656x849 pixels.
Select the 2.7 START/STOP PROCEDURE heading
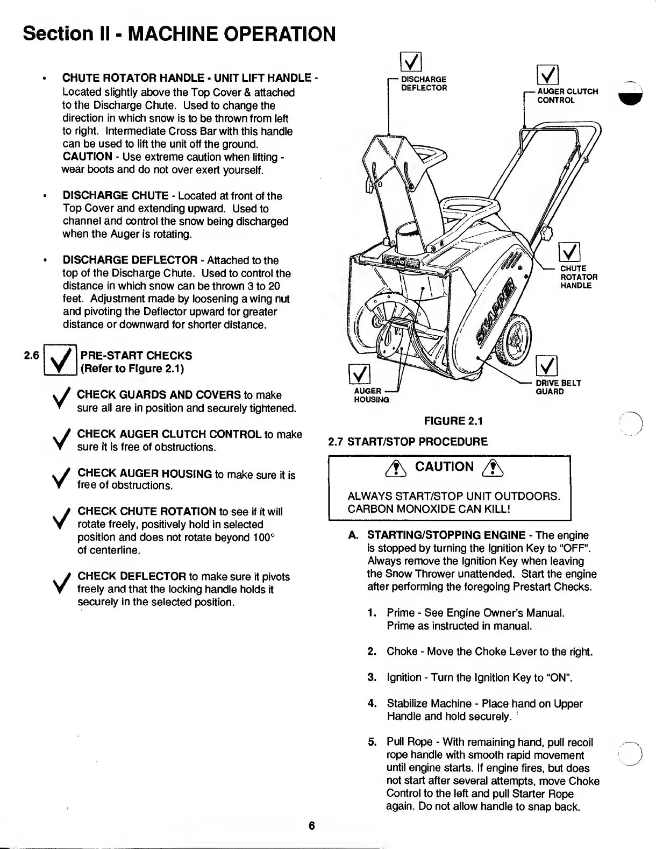coord(408,442)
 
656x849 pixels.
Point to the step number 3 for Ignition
coord(371,677)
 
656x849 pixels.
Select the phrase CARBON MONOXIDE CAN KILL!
coord(429,508)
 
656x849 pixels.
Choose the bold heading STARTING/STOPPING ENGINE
coord(446,535)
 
